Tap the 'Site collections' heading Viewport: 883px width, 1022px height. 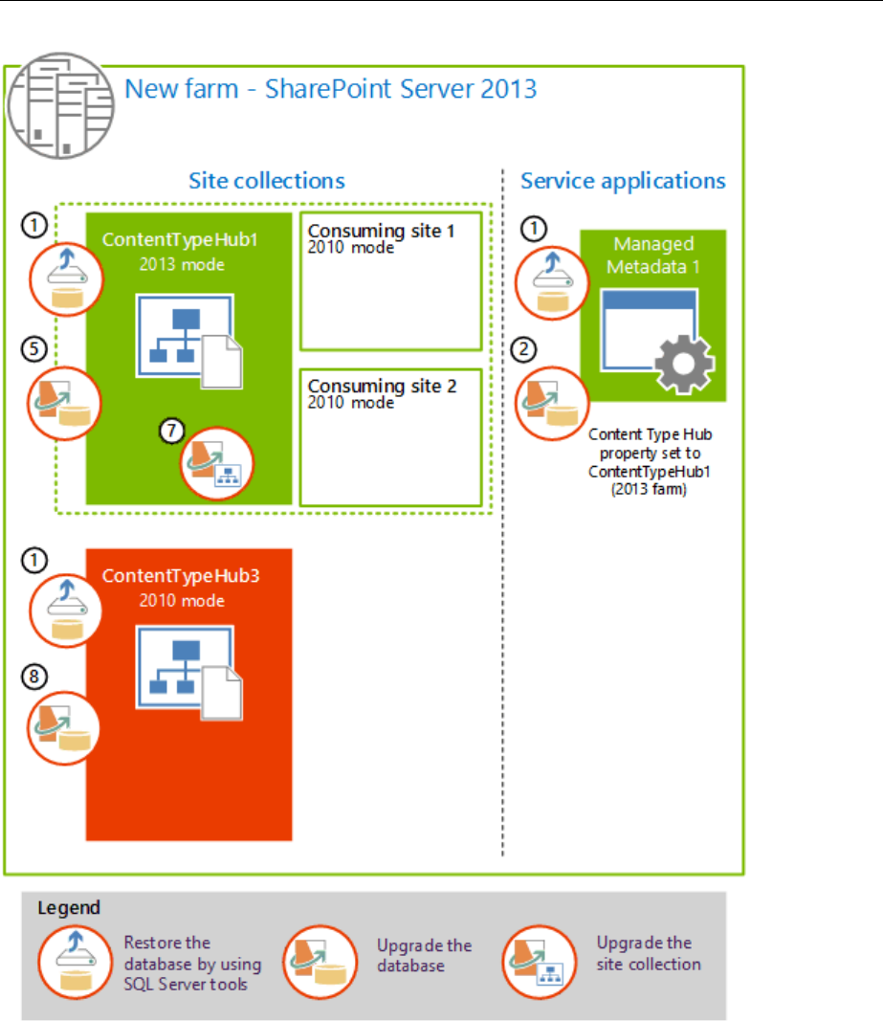tap(266, 181)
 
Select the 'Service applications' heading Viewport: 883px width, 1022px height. tap(623, 181)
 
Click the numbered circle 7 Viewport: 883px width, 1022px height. tap(170, 432)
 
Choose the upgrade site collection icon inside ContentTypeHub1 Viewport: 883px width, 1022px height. tap(216, 463)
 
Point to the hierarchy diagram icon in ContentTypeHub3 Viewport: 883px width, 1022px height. tap(188, 662)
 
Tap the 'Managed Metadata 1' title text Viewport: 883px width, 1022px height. tap(653, 255)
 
